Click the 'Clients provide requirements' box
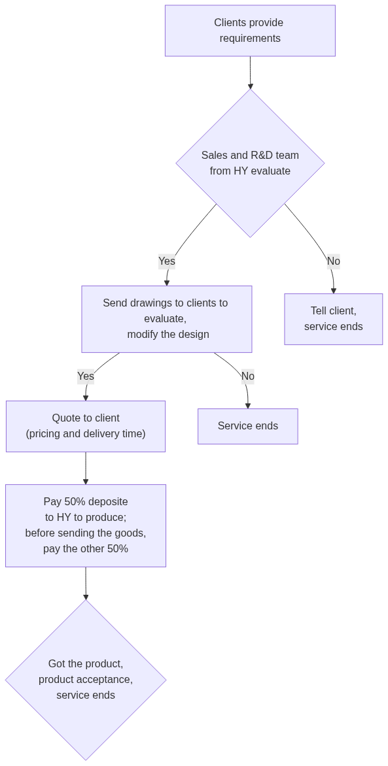[250, 31]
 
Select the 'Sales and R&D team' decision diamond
[250, 163]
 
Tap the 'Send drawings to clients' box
[167, 319]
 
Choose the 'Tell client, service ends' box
[334, 319]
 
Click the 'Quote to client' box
[86, 427]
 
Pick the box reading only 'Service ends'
[248, 427]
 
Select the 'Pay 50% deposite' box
[86, 525]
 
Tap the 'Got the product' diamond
[86, 680]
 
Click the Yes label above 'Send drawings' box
[167, 261]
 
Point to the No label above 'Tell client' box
[334, 261]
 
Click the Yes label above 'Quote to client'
[86, 376]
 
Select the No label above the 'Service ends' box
[248, 376]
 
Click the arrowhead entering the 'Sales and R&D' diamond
[251, 86]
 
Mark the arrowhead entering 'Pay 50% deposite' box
[86, 482]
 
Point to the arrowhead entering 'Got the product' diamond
[86, 597]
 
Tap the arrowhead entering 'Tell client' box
[334, 291]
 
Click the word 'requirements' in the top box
[250, 39]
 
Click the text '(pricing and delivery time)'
[86, 434]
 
